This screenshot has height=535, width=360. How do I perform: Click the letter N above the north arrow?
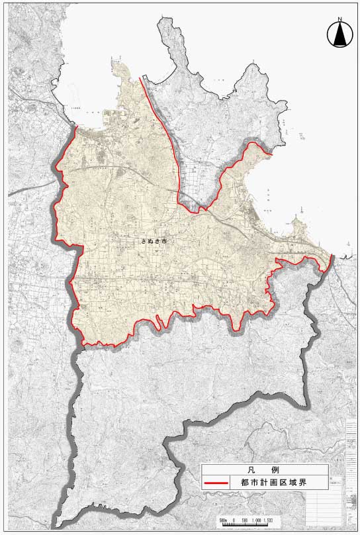pyautogui.click(x=339, y=20)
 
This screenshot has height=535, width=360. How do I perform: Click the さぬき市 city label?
pyautogui.click(x=154, y=242)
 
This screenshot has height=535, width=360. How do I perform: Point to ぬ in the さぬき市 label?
pyautogui.click(x=150, y=242)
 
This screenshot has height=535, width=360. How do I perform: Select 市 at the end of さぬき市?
pyautogui.click(x=164, y=242)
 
